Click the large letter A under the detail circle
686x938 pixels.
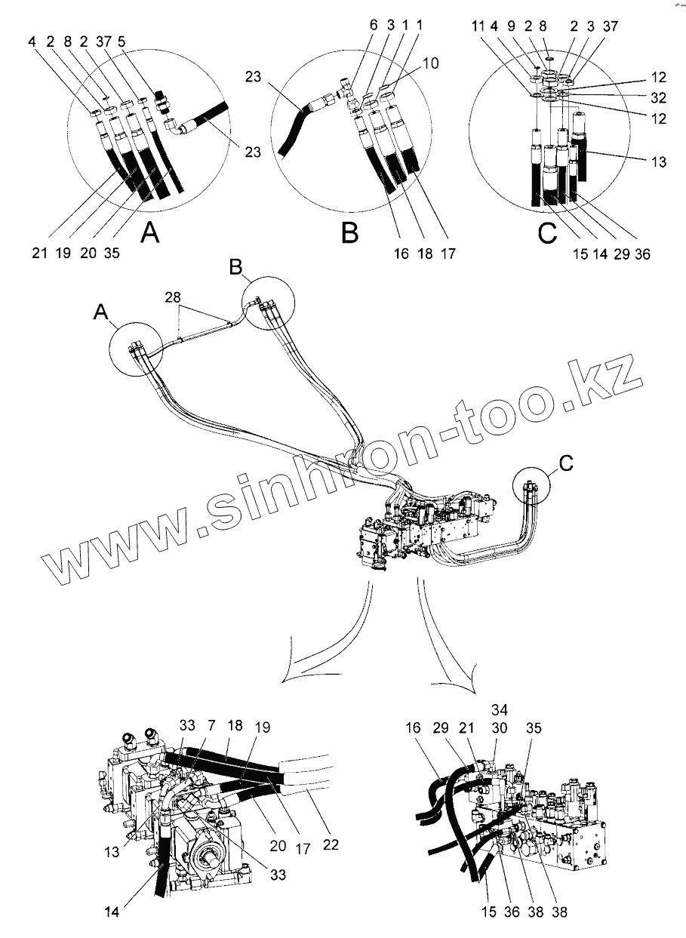(151, 235)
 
